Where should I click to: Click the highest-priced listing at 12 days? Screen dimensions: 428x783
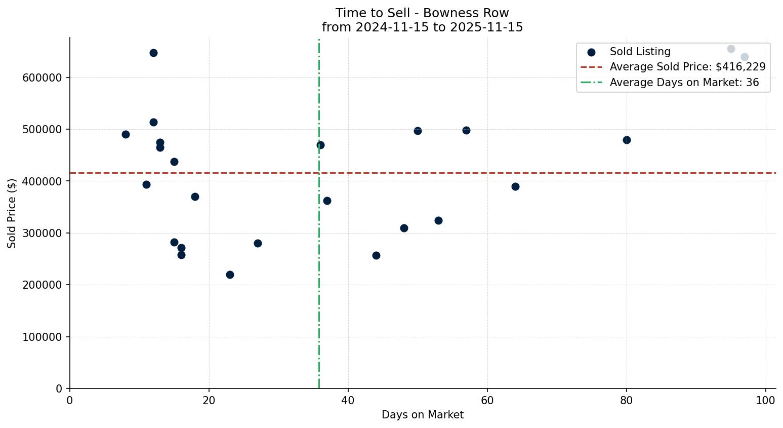pos(153,53)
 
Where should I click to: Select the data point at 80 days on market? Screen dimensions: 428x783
pos(627,140)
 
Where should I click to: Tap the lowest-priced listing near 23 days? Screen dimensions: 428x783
pos(230,275)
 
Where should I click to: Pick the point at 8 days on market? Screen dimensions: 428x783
pos(126,134)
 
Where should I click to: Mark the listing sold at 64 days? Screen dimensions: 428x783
pos(515,186)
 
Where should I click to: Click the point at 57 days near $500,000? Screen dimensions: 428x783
pos(466,130)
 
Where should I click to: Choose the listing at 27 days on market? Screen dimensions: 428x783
pos(258,243)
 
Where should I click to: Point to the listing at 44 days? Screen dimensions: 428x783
pos(376,255)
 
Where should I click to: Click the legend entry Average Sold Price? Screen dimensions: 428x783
pos(687,67)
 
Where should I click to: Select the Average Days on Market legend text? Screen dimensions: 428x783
pos(684,83)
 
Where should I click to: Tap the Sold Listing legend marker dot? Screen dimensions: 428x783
pos(591,52)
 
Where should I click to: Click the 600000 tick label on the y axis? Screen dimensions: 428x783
pos(42,78)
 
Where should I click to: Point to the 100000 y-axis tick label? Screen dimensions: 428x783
pos(42,337)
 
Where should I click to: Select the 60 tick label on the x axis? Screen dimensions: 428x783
pos(487,401)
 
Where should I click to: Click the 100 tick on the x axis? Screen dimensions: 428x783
pos(765,401)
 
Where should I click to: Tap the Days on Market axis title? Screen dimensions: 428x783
pos(423,415)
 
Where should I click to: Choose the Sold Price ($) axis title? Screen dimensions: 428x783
pos(12,213)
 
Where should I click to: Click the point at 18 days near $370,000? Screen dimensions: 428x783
pos(195,197)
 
